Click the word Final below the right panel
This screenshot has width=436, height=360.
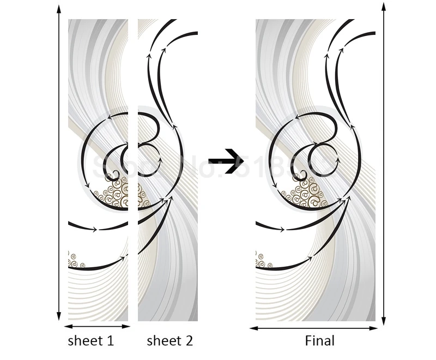pos(320,341)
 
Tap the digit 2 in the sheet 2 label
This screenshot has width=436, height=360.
pos(188,341)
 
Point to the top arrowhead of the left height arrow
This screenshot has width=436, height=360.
pos(59,8)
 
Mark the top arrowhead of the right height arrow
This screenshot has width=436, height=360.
pos(384,7)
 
